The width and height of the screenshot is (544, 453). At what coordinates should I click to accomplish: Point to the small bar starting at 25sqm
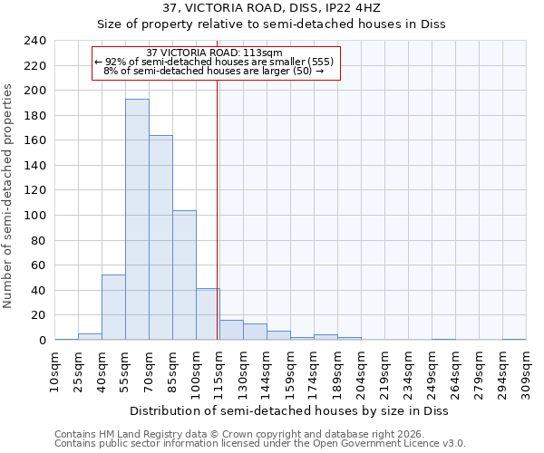tap(90, 336)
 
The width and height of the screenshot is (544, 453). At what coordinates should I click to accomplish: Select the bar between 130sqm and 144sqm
tap(255, 332)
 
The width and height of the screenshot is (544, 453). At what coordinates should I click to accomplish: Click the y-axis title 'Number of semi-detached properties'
tap(8, 196)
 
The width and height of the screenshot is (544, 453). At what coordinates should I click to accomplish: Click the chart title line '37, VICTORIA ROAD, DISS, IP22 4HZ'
tap(271, 8)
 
